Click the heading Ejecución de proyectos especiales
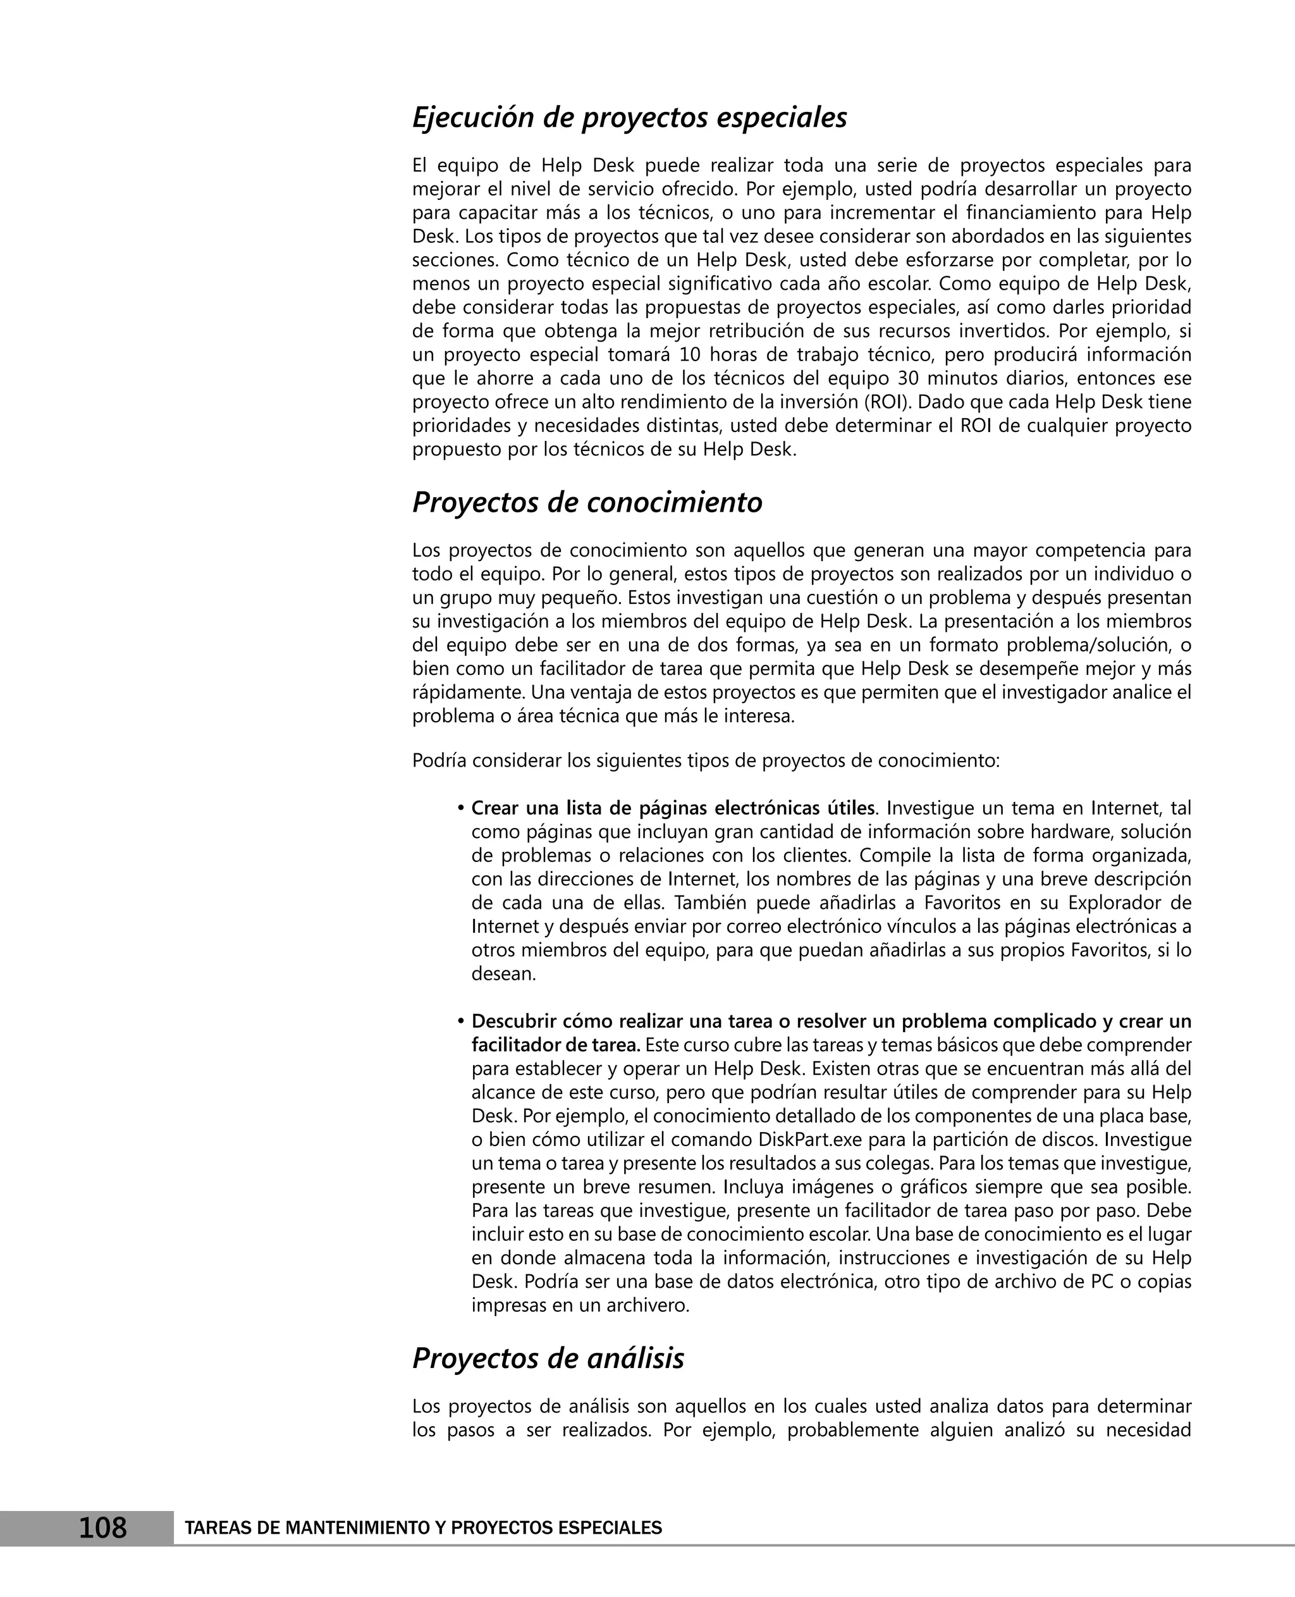point(629,118)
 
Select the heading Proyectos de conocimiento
point(586,503)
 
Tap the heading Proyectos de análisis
point(548,1358)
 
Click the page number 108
point(103,1527)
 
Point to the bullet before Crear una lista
point(461,809)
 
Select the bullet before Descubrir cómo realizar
point(461,1021)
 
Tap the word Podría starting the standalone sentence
point(439,762)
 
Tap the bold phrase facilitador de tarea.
point(555,1045)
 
